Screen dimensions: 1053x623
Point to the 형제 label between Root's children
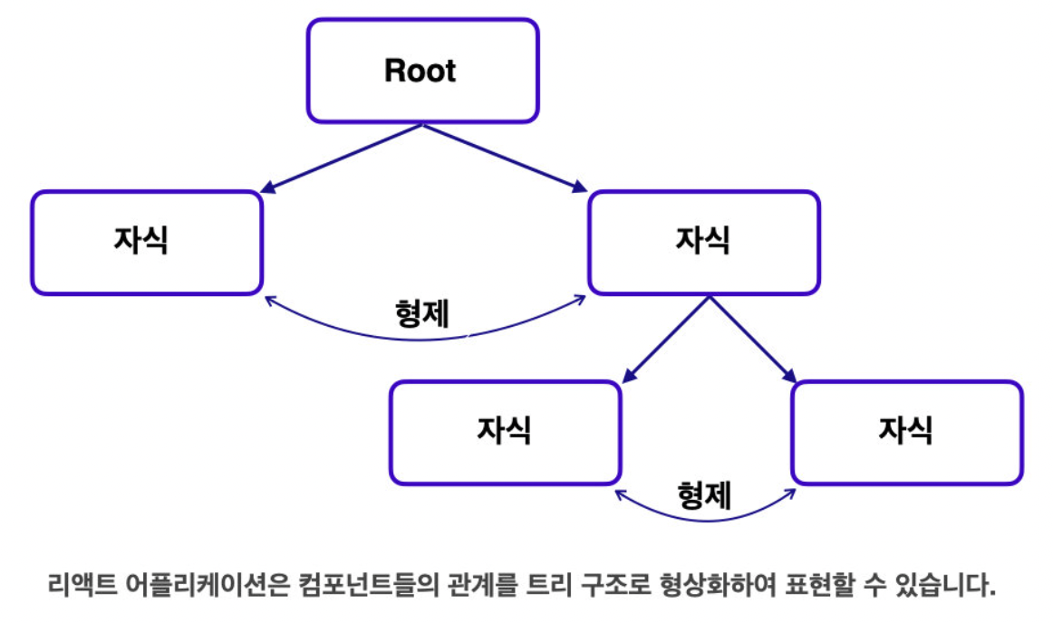421,313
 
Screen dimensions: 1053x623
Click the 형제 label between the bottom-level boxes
704,495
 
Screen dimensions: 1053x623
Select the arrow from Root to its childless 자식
342,158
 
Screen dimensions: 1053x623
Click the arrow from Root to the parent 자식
506,158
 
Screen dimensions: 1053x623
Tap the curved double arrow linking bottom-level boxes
705,520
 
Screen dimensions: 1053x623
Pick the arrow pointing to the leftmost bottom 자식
666,340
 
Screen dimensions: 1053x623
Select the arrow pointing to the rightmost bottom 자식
753,340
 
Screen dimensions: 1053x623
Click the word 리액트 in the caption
82,585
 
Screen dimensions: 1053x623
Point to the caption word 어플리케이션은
208,585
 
